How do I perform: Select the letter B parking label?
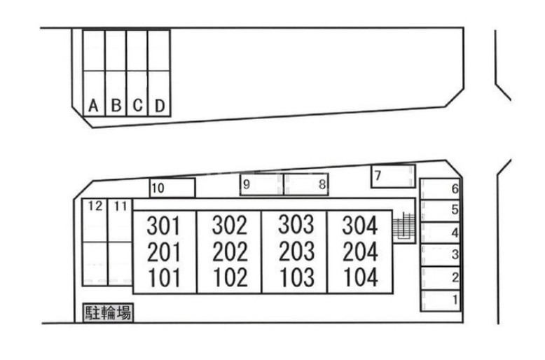click(x=116, y=106)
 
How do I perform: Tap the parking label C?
click(x=138, y=106)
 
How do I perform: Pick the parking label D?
click(x=160, y=106)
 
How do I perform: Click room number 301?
click(x=164, y=226)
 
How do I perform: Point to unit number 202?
click(x=230, y=251)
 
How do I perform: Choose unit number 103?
click(x=296, y=277)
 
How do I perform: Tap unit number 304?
click(x=360, y=226)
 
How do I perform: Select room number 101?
click(x=164, y=278)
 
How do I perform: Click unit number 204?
click(x=360, y=251)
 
